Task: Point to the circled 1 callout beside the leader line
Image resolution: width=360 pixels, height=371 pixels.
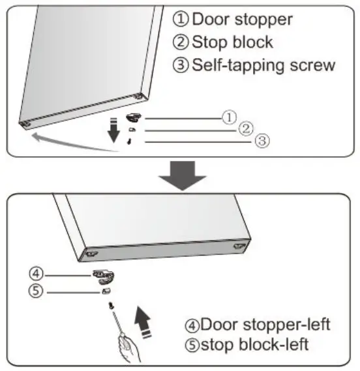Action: point(228,117)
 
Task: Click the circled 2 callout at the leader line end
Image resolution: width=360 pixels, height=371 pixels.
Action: point(245,128)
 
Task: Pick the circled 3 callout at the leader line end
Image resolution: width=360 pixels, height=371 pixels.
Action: point(260,140)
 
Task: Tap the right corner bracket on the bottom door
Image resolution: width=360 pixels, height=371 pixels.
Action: point(241,247)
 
